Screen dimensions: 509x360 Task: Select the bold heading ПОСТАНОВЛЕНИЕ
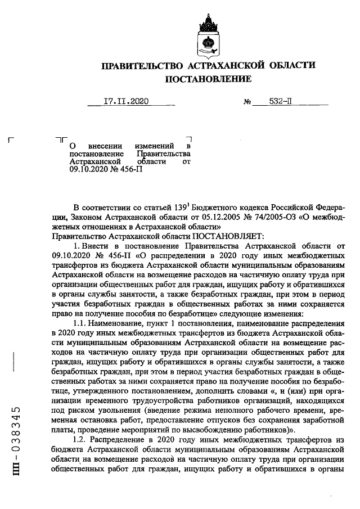pyautogui.click(x=208, y=80)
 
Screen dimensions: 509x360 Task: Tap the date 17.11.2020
pyautogui.click(x=125, y=102)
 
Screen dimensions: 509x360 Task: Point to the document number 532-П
pyautogui.click(x=280, y=102)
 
